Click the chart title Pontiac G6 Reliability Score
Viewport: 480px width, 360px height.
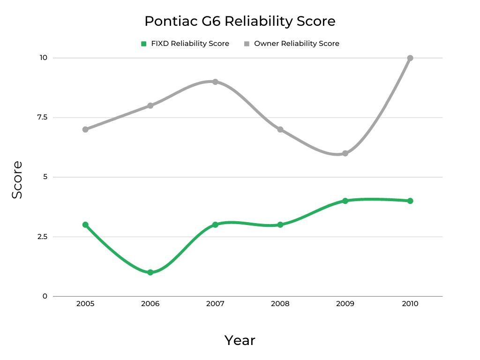click(x=240, y=22)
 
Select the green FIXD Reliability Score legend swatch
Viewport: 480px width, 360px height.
click(x=144, y=44)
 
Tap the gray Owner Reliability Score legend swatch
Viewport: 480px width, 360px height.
click(x=247, y=44)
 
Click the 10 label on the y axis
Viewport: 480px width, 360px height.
click(x=44, y=58)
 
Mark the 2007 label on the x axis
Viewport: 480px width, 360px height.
click(x=215, y=304)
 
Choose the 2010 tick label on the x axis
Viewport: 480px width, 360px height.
click(x=410, y=304)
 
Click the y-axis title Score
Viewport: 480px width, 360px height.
click(x=17, y=180)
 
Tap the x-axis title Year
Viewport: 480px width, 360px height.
click(x=240, y=340)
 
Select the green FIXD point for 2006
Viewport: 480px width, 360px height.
click(x=150, y=272)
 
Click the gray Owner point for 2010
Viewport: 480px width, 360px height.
click(x=410, y=58)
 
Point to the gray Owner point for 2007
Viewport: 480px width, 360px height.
click(x=215, y=82)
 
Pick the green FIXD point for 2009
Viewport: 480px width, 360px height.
click(x=345, y=201)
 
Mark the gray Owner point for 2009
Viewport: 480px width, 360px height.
click(x=345, y=153)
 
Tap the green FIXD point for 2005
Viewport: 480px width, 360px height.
click(x=85, y=225)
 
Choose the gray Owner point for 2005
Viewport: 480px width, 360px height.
click(x=85, y=129)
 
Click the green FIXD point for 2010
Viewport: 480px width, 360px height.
click(x=410, y=201)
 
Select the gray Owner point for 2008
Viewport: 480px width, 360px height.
click(x=280, y=129)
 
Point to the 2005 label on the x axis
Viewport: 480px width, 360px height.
click(x=85, y=304)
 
